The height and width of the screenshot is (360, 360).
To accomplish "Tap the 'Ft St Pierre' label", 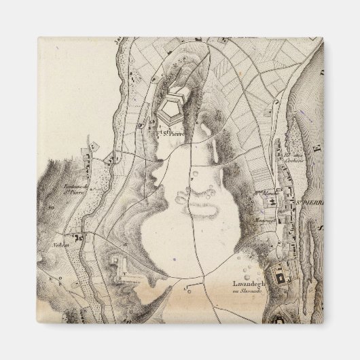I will (170, 133).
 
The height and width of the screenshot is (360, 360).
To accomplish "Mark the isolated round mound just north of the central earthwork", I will (195, 176).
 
